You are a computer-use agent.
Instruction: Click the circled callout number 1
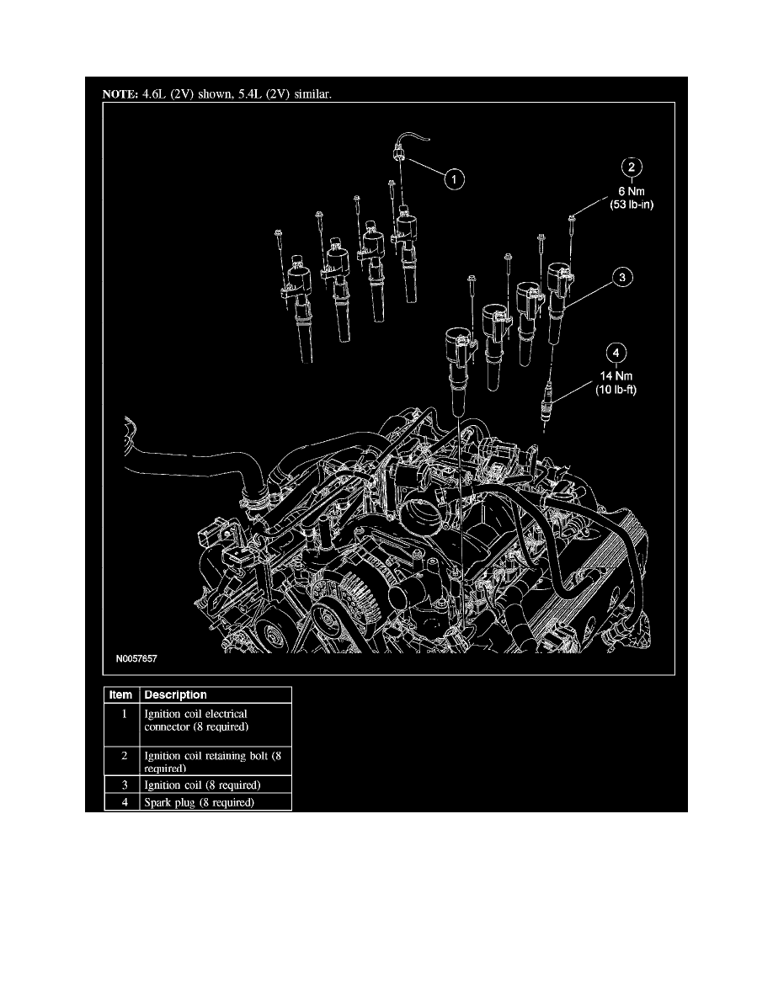click(x=453, y=178)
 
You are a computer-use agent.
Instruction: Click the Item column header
click(x=122, y=694)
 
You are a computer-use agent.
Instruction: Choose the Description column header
click(x=175, y=694)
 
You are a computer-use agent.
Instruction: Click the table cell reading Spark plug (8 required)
click(x=199, y=802)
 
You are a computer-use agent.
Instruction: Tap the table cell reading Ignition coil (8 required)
click(x=202, y=785)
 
